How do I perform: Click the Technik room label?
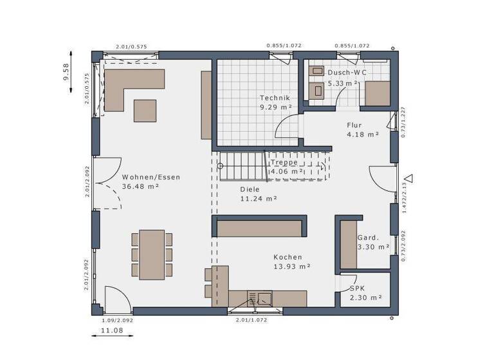(x=275, y=98)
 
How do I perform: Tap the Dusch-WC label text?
(x=347, y=73)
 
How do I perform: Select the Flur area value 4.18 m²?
(x=362, y=134)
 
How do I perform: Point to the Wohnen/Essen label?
(x=151, y=177)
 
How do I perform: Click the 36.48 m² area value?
(x=140, y=186)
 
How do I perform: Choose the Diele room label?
(x=250, y=190)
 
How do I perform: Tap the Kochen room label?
(x=286, y=256)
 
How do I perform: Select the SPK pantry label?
(x=357, y=289)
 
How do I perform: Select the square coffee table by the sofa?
(x=145, y=110)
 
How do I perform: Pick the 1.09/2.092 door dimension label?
(x=118, y=319)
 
